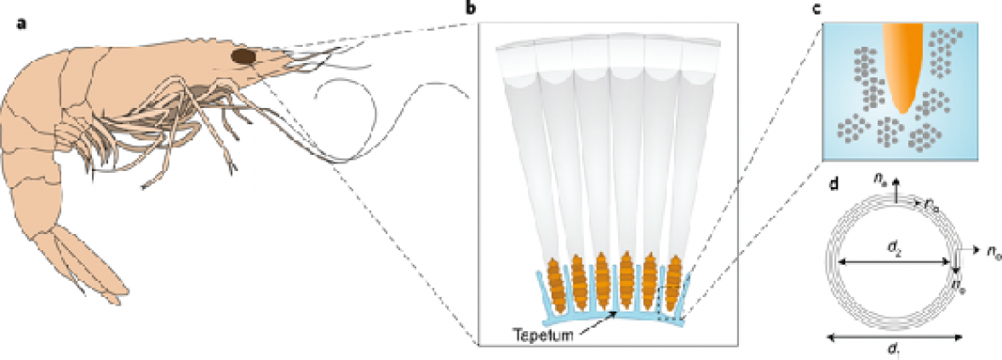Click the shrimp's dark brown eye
click(244, 56)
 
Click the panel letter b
click(472, 9)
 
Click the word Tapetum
click(541, 333)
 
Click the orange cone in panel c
click(902, 64)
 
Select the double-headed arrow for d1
click(894, 337)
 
